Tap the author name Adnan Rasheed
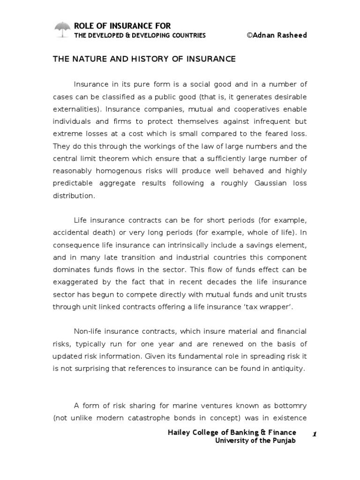coord(279,36)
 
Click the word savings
coord(258,245)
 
